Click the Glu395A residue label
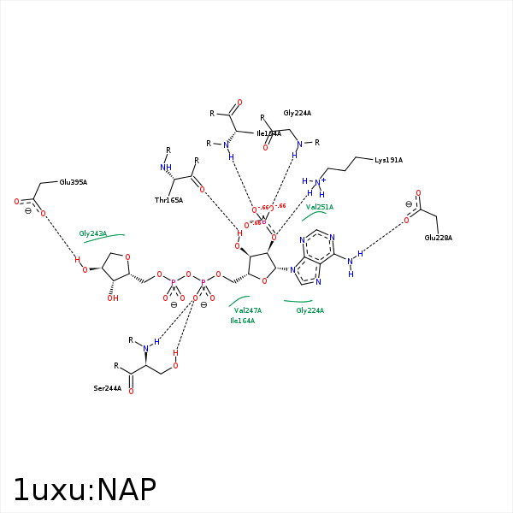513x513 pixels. pos(73,182)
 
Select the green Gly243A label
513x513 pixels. pos(93,233)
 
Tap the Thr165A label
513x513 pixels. pos(168,200)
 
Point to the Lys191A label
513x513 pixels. pos(388,160)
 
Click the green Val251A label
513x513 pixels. pos(320,207)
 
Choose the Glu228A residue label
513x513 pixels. pos(438,238)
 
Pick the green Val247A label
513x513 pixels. pos(248,310)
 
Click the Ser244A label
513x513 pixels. pos(108,388)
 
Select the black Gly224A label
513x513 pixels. pos(298,113)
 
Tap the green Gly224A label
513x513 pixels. pos(310,310)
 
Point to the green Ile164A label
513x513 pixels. pos(242,321)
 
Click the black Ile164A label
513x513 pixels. pos(268,133)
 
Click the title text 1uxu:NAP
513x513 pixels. pos(85,490)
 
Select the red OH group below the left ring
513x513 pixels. pos(112,298)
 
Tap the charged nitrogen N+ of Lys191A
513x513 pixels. pos(319,182)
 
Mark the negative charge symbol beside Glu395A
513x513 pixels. pos(27,210)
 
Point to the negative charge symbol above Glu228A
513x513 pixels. pos(409,204)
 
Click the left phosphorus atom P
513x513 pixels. pos(174,281)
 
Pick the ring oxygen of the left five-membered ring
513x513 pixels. pos(127,256)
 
